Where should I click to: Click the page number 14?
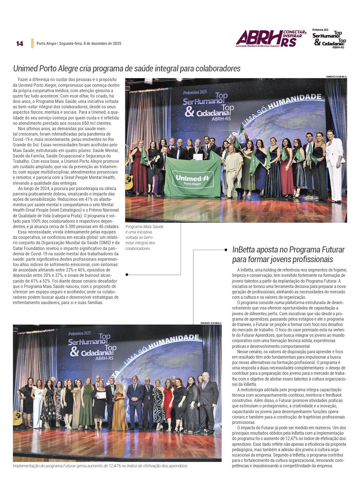click(19, 43)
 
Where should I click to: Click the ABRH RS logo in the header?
click(271, 38)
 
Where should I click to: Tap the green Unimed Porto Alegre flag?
click(192, 177)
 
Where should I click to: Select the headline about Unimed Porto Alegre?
click(127, 68)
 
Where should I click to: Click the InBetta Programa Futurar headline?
click(288, 254)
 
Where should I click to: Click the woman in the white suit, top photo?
click(335, 165)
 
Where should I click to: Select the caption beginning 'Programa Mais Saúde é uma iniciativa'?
click(144, 237)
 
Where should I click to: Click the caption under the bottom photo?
click(100, 466)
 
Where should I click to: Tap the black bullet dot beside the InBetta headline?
click(226, 250)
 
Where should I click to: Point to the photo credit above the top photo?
click(336, 76)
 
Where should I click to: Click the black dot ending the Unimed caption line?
click(127, 275)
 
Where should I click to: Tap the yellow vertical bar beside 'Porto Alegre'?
click(32, 43)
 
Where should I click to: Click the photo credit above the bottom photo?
click(211, 323)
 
